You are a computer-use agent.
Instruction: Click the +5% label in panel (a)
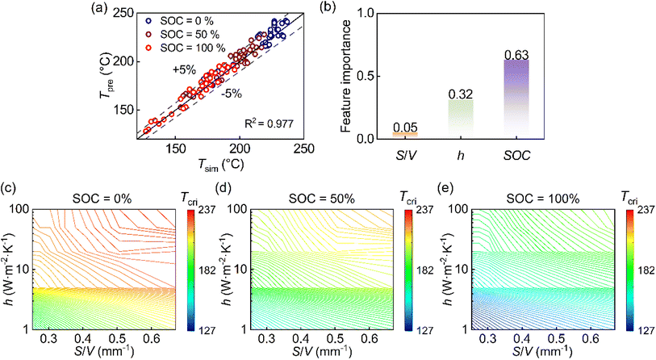[183, 70]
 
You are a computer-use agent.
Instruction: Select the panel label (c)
[10, 190]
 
